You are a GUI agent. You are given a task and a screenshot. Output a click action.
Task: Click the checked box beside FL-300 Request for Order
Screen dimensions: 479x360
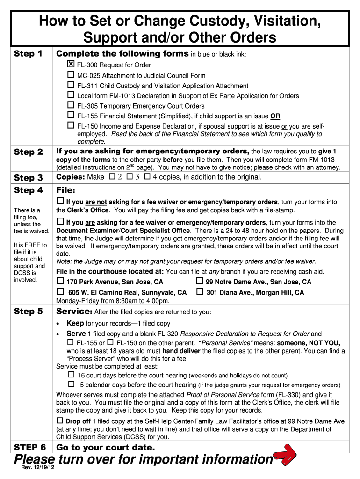coord(71,64)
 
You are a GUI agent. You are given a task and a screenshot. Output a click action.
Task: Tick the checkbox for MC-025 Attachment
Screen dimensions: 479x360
coord(71,75)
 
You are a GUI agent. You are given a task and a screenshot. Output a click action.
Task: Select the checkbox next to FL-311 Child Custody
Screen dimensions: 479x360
coord(71,85)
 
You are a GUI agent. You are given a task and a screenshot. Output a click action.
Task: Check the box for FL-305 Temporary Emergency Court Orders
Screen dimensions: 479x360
coord(71,105)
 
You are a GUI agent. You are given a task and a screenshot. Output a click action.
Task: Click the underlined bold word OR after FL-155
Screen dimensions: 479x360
coord(275,116)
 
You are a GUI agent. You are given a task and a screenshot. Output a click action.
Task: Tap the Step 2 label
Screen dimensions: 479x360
coord(29,152)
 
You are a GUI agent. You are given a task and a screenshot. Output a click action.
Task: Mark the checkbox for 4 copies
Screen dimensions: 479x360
coord(147,176)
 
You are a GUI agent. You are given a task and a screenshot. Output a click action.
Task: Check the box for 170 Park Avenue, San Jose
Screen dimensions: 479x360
coord(60,281)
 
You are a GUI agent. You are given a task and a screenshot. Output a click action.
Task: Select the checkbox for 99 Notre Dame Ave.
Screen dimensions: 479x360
coord(200,281)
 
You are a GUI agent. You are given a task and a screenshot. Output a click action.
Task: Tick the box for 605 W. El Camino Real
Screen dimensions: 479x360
coord(60,292)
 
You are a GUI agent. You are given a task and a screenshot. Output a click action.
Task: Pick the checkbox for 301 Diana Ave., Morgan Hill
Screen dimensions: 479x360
coord(200,292)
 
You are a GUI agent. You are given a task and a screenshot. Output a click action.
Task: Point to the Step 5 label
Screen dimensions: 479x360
coord(29,312)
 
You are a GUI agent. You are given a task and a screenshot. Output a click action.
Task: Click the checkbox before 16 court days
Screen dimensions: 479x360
coord(71,375)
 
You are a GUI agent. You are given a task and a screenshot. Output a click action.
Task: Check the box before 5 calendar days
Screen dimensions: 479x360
coord(71,384)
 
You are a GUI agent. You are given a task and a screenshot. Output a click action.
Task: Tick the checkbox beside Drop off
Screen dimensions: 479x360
coord(60,420)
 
